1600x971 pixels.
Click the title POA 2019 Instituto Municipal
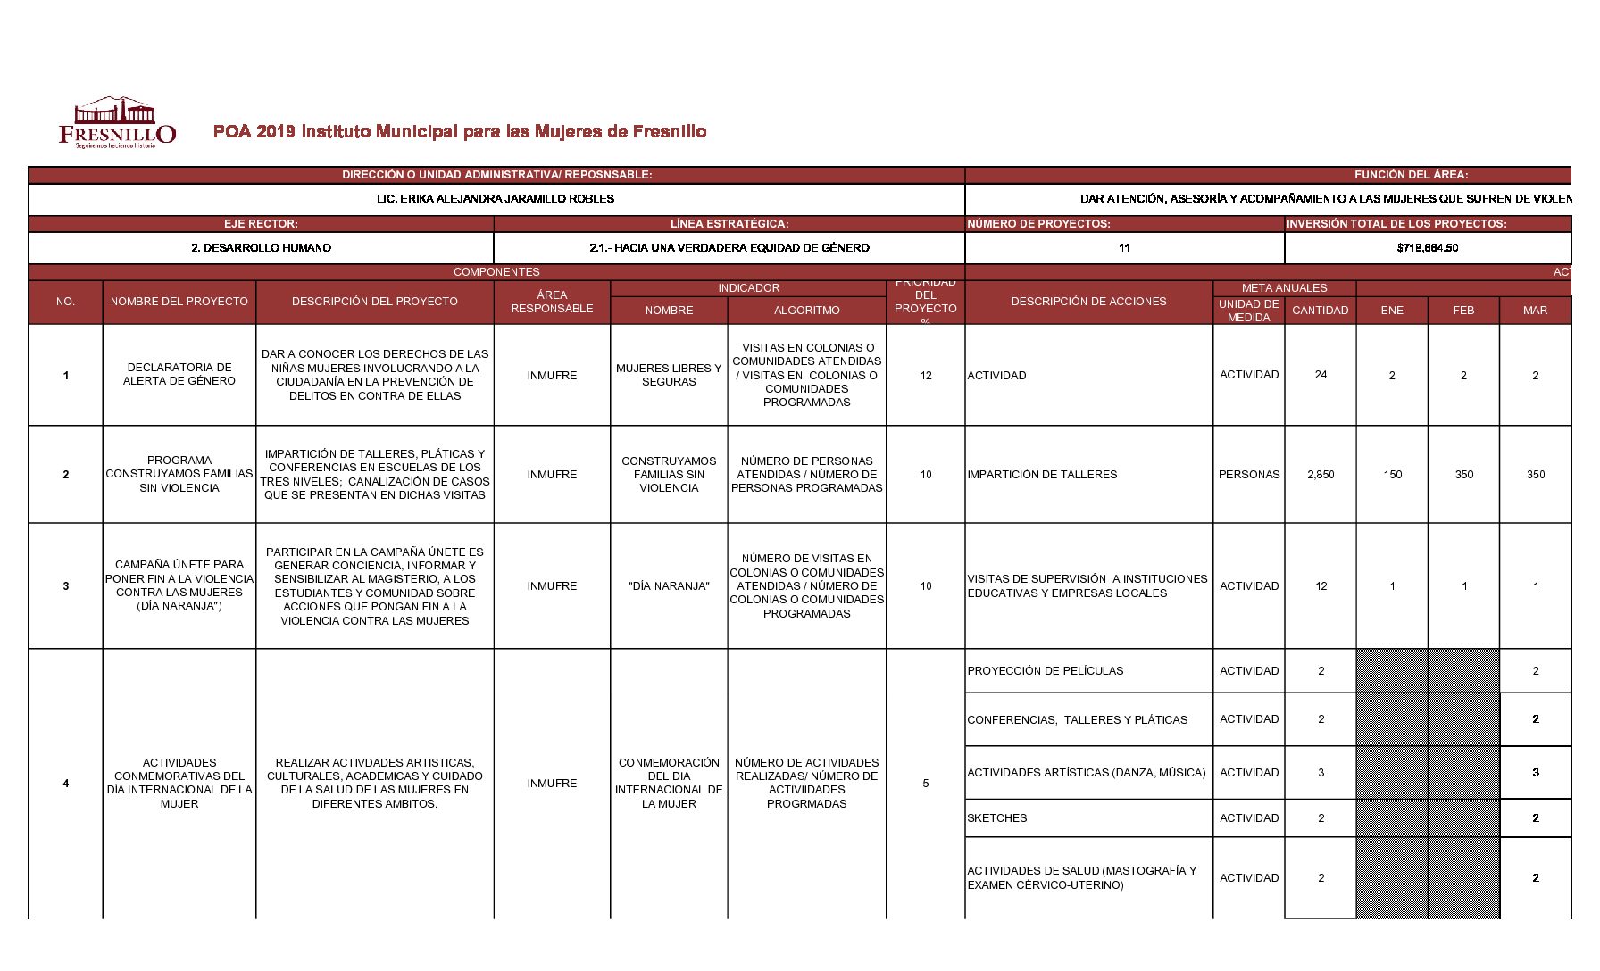click(460, 132)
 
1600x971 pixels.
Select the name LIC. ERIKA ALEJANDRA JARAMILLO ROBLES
click(496, 199)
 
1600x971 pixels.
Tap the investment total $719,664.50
click(1427, 248)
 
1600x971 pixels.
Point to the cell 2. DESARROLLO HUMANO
click(261, 248)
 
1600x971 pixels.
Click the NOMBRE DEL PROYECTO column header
click(179, 302)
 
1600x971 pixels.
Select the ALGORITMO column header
click(806, 311)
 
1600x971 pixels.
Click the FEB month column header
click(1463, 311)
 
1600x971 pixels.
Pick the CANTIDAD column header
click(1320, 311)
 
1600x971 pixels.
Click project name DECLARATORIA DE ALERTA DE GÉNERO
click(179, 375)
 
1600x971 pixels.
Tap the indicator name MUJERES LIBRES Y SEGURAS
click(669, 375)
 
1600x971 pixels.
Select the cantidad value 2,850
click(1321, 475)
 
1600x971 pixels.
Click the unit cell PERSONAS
click(1248, 475)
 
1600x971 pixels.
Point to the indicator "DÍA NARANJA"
click(669, 586)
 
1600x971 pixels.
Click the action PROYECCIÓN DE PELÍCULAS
click(1046, 671)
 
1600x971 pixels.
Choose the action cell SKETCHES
click(997, 818)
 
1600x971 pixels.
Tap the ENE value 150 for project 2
click(1392, 475)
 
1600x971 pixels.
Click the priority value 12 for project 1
click(925, 376)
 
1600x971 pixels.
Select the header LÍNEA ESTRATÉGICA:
click(729, 224)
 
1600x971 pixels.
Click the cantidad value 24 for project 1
click(1321, 375)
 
